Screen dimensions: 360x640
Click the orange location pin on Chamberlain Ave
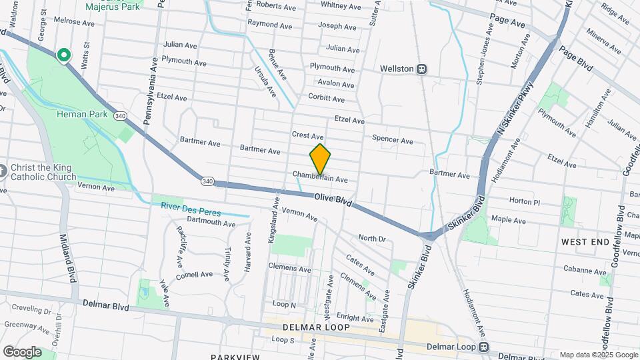coord(320,158)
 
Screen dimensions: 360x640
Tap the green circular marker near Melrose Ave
coord(64,55)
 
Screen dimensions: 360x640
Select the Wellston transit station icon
coord(422,69)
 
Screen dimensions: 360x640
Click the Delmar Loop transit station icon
coord(485,347)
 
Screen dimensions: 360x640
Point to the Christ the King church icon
coord(3,171)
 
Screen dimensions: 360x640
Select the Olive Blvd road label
coord(333,199)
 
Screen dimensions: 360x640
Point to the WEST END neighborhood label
coord(586,241)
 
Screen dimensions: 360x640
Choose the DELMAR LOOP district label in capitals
coord(308,327)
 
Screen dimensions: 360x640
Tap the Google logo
coord(22,351)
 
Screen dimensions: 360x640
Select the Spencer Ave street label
coord(393,140)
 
